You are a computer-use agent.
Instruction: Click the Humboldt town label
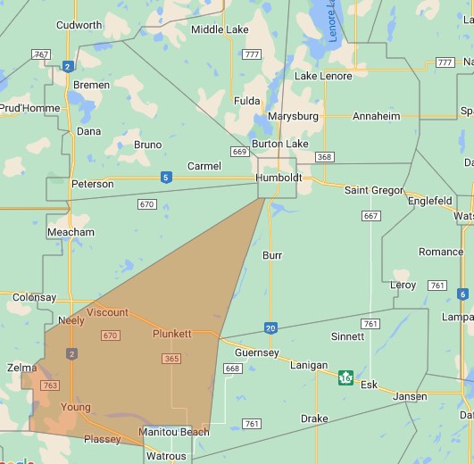click(x=279, y=178)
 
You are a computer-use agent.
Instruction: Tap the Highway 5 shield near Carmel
click(x=166, y=178)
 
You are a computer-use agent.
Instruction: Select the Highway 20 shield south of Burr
click(x=270, y=327)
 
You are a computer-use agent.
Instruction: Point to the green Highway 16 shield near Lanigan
click(x=345, y=377)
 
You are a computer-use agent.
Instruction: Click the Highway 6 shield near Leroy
click(x=462, y=294)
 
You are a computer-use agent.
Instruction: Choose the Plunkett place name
click(x=172, y=334)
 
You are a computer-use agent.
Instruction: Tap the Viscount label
click(x=107, y=312)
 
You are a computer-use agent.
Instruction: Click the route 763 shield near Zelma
click(x=50, y=385)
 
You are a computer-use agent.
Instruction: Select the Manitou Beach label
click(x=174, y=432)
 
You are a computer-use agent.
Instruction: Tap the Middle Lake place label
click(x=220, y=29)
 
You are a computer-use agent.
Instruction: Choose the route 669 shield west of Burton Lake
click(x=238, y=152)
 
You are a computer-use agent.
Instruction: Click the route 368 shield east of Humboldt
click(x=324, y=157)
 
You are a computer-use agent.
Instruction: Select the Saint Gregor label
click(x=375, y=190)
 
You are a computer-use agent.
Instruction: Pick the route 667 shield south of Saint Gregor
click(x=371, y=216)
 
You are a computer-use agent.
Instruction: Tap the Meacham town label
click(x=71, y=232)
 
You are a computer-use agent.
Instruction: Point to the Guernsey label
click(x=257, y=352)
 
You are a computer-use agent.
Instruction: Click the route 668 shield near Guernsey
click(x=233, y=369)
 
